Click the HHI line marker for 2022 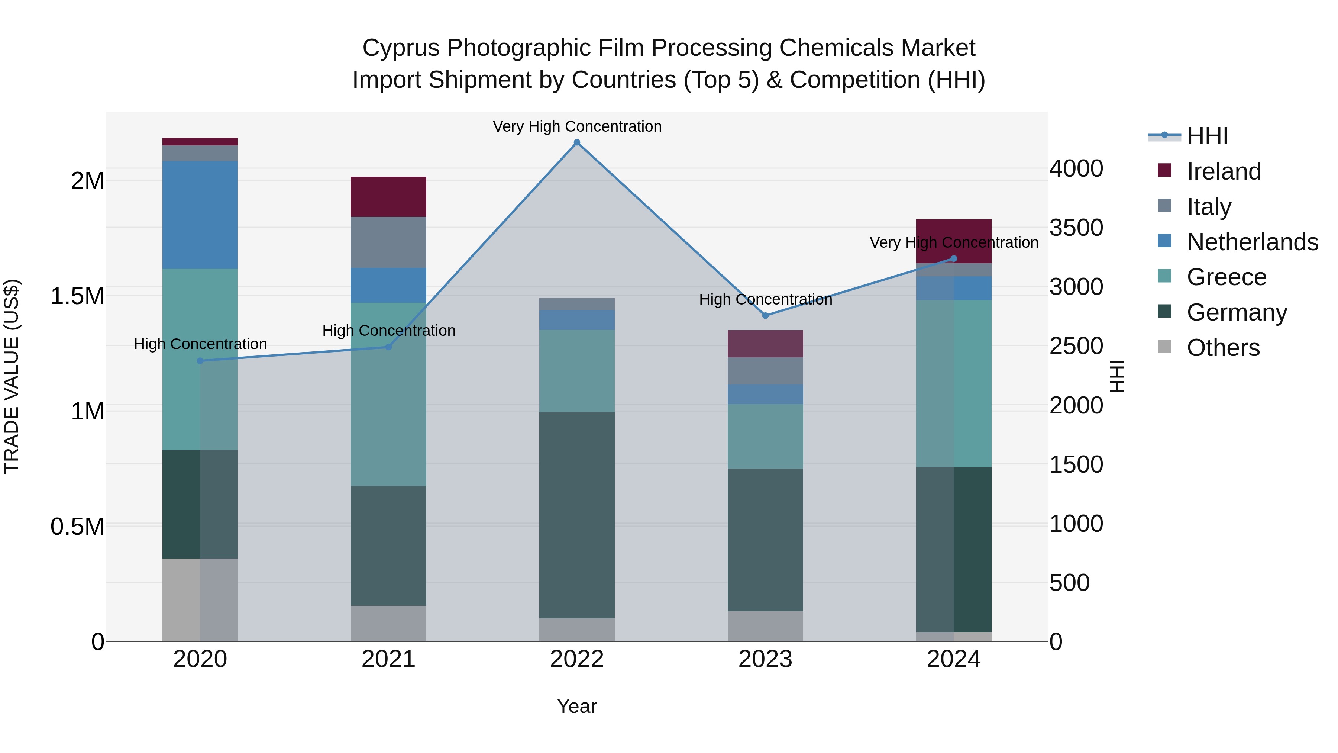(576, 142)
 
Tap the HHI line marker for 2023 (765, 315)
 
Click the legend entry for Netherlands (1252, 242)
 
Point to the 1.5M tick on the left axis (77, 296)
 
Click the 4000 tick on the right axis (1076, 169)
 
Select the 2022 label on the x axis (576, 659)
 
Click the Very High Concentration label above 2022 (576, 126)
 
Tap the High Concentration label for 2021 (388, 331)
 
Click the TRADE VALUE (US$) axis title (12, 376)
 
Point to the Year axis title (576, 706)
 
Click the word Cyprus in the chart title (401, 48)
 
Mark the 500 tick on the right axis (1069, 583)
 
